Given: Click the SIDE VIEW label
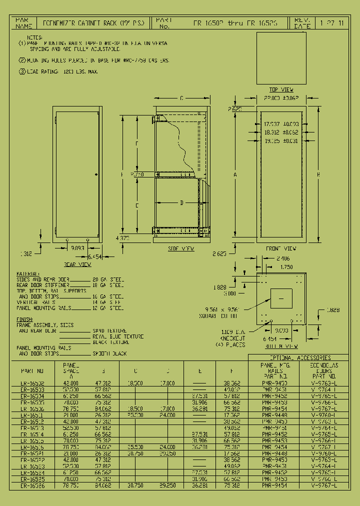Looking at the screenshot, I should tap(180, 248).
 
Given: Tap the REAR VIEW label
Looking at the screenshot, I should tap(77, 264).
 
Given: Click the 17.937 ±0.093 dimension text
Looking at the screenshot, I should tap(281, 124).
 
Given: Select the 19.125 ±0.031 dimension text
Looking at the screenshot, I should tap(281, 141).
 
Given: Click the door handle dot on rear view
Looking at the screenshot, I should tap(96, 174).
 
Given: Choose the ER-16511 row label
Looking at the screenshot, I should tap(32, 415).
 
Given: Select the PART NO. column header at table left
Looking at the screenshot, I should tap(32, 371).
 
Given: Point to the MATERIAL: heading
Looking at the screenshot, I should tap(28, 274).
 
